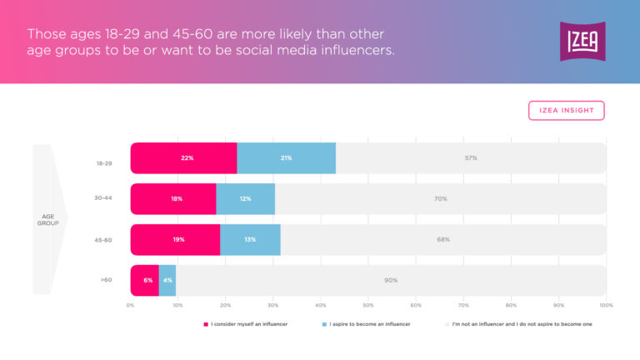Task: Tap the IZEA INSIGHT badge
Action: click(x=566, y=111)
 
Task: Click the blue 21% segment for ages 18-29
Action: click(x=286, y=157)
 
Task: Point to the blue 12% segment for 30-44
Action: click(x=245, y=198)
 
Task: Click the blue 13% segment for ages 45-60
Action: click(x=250, y=239)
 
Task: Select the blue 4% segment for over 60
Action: click(x=167, y=280)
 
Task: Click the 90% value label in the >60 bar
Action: click(x=391, y=280)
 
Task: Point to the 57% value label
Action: click(x=471, y=157)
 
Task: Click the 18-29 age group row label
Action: click(x=105, y=163)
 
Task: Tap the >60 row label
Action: click(x=106, y=280)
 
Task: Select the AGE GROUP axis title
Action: click(x=47, y=220)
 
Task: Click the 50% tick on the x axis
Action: click(x=368, y=305)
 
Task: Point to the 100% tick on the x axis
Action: click(x=606, y=305)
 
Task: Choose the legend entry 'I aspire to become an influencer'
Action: click(x=368, y=323)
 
